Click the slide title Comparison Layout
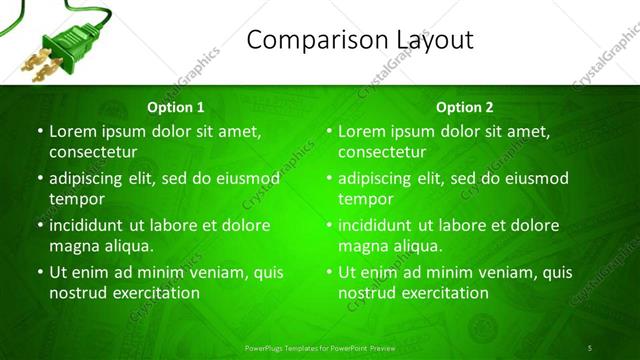point(360,40)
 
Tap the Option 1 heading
point(176,107)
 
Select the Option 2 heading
point(465,107)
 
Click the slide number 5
point(590,347)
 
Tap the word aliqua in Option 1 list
point(127,245)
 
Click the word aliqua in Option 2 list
point(416,245)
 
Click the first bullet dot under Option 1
point(40,131)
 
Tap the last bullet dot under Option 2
point(329,272)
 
